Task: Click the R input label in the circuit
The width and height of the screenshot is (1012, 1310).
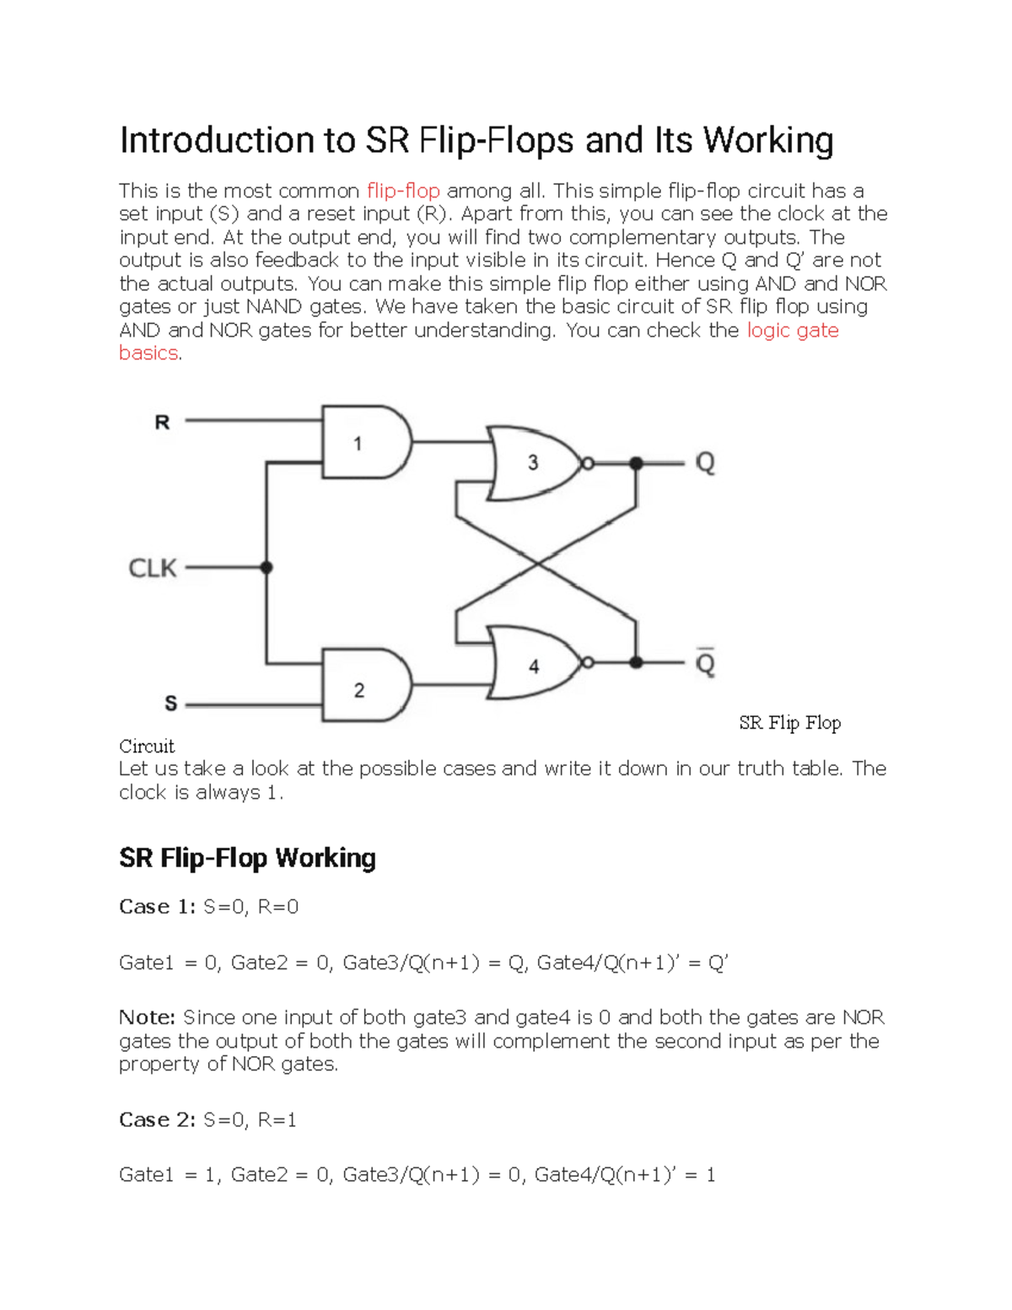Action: [x=162, y=422]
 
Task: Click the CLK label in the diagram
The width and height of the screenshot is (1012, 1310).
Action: [x=153, y=569]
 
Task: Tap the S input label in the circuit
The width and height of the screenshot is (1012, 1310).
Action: [x=170, y=703]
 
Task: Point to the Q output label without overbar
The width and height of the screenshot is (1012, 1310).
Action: [x=705, y=463]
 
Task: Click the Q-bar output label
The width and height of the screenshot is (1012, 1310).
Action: [x=705, y=663]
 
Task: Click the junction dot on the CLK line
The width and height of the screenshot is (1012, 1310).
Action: [x=266, y=568]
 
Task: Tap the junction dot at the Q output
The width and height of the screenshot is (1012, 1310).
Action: [x=636, y=463]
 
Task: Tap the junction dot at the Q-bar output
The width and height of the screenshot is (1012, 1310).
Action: [x=636, y=663]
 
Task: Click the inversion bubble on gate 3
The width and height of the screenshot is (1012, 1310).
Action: [x=588, y=463]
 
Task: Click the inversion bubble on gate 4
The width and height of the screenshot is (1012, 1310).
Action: [x=588, y=663]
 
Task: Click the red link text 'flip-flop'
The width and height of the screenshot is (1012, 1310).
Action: [x=403, y=191]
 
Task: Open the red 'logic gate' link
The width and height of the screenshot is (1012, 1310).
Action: [x=793, y=331]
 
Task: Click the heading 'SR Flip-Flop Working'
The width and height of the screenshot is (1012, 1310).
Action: [x=247, y=858]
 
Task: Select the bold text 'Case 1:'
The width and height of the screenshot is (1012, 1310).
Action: [x=157, y=907]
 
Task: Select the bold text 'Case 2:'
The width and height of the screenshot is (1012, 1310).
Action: [x=157, y=1120]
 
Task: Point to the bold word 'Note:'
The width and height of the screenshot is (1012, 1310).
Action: [x=147, y=1018]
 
